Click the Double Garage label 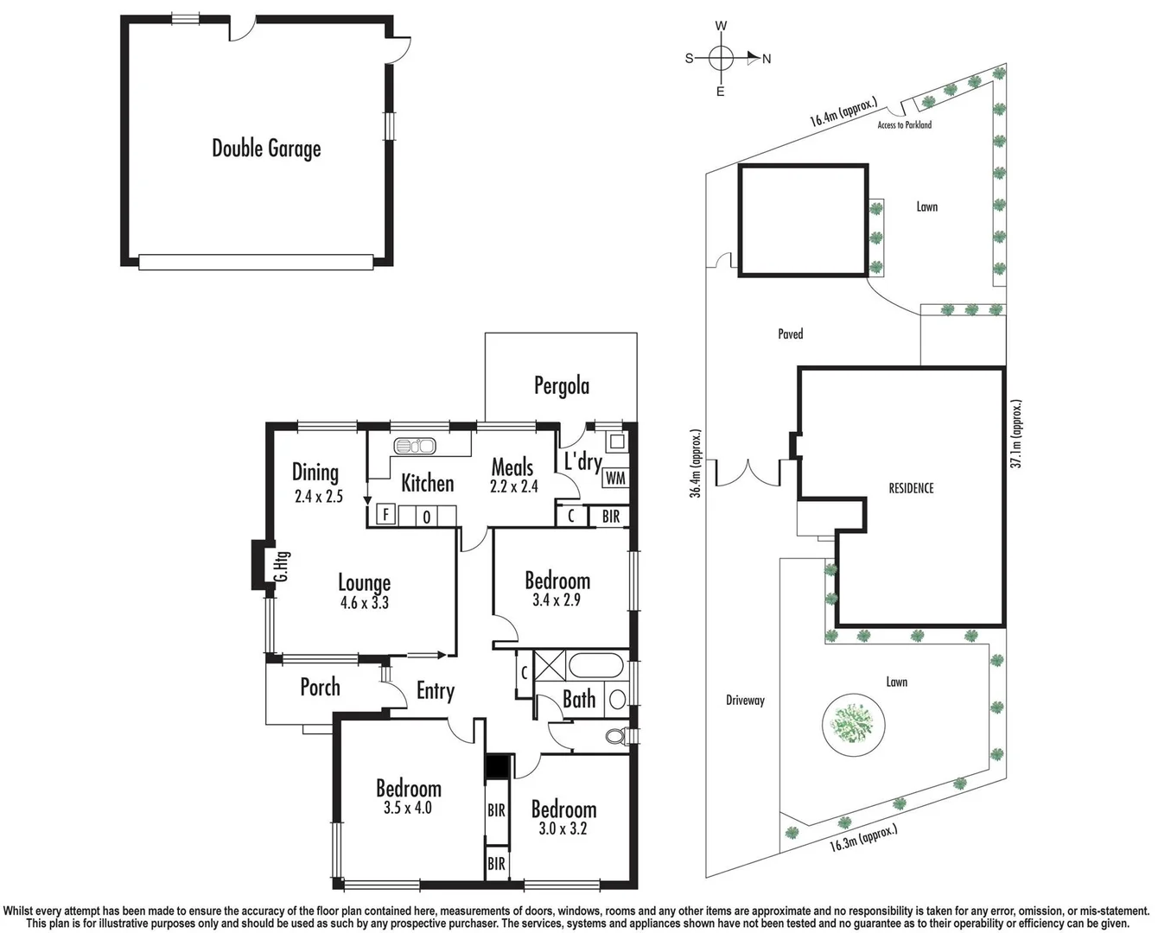(x=266, y=149)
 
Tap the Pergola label (x=561, y=385)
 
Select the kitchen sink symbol (x=415, y=447)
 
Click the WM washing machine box (x=614, y=478)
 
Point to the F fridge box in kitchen (x=385, y=516)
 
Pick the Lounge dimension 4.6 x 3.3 (x=364, y=603)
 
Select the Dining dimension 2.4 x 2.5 (x=318, y=497)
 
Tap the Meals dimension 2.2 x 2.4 (x=513, y=486)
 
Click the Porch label (x=320, y=688)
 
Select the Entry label (x=435, y=691)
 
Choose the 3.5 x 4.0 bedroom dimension (x=408, y=809)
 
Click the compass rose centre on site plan (x=721, y=59)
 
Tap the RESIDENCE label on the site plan (x=911, y=488)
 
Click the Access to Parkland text (x=904, y=125)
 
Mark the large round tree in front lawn (x=854, y=722)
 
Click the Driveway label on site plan (x=745, y=701)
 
